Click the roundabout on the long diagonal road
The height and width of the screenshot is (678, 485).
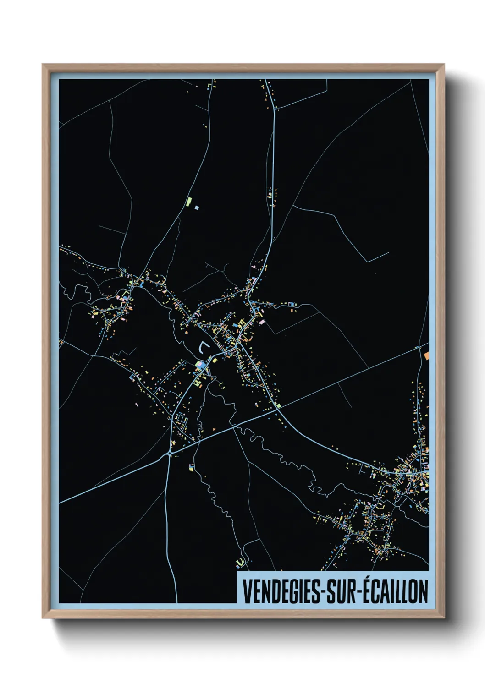click(x=170, y=453)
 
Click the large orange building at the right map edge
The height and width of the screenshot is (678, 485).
click(x=426, y=355)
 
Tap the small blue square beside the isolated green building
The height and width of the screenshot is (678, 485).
click(x=197, y=208)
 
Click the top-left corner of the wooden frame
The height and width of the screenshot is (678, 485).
click(x=43, y=65)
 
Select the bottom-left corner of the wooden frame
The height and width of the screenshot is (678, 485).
click(x=43, y=618)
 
